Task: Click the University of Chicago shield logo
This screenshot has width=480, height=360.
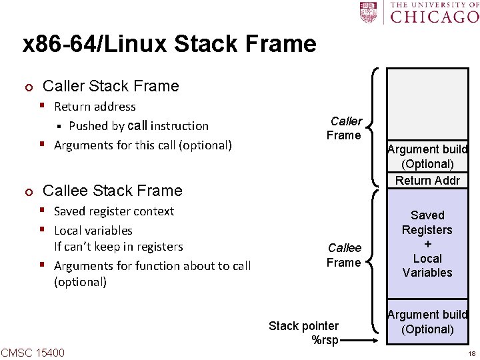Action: [x=368, y=12]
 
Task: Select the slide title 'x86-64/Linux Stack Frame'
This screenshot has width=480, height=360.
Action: [x=169, y=44]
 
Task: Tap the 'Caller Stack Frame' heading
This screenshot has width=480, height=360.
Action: [x=111, y=86]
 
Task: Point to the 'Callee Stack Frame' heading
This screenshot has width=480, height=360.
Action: [x=112, y=191]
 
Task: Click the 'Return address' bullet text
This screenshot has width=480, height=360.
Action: [x=95, y=107]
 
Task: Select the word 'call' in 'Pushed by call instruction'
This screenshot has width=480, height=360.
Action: [x=137, y=125]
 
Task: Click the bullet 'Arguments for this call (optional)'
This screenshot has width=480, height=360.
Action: [x=143, y=145]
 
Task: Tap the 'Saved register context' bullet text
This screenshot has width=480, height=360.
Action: [x=113, y=211]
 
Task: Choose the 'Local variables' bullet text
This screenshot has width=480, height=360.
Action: [x=93, y=231]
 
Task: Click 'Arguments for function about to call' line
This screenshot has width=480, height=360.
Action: [x=152, y=266]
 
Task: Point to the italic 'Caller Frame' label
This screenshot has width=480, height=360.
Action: [x=344, y=128]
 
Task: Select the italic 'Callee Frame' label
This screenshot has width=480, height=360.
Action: [x=344, y=255]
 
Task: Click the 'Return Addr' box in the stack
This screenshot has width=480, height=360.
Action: [x=427, y=180]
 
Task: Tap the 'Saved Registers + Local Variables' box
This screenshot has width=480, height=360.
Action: [x=427, y=244]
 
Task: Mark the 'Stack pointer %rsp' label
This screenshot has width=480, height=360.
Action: [x=304, y=333]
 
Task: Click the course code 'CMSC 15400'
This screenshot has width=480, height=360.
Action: [x=33, y=352]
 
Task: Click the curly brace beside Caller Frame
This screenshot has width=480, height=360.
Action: [x=375, y=127]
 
